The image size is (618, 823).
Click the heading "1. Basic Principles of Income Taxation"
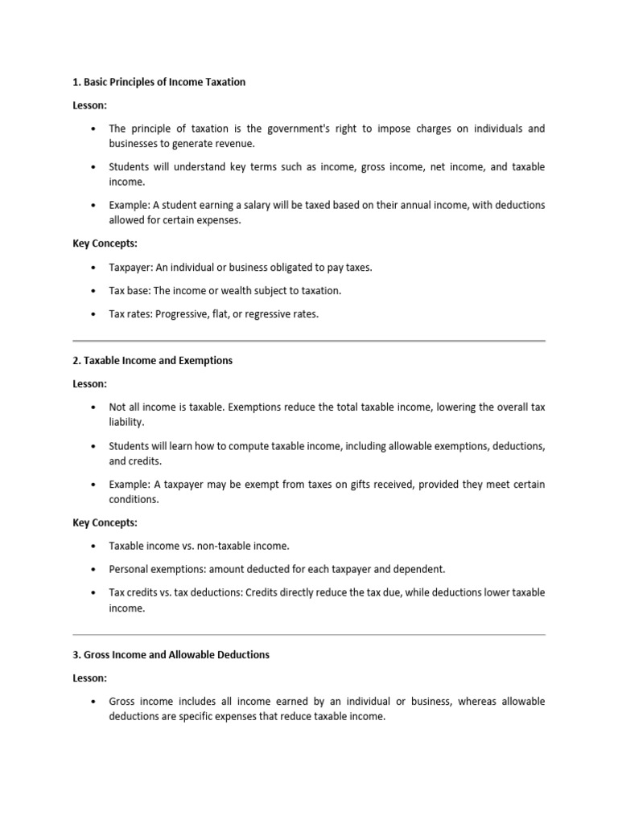pos(159,82)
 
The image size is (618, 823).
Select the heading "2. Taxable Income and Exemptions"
pos(152,361)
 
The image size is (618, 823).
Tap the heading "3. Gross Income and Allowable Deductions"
pos(171,655)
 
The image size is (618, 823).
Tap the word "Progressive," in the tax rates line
pos(187,314)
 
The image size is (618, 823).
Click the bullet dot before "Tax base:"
pos(93,291)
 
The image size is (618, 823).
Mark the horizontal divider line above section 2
pos(309,341)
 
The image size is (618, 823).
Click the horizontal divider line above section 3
pos(309,635)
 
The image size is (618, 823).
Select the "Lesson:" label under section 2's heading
pos(89,384)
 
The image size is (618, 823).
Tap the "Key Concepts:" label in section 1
pos(105,244)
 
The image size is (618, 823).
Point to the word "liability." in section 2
pos(127,422)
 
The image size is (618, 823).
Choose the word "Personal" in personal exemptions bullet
pos(128,569)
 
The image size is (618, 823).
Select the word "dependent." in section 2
pos(421,569)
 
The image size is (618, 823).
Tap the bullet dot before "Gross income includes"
pos(93,702)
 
